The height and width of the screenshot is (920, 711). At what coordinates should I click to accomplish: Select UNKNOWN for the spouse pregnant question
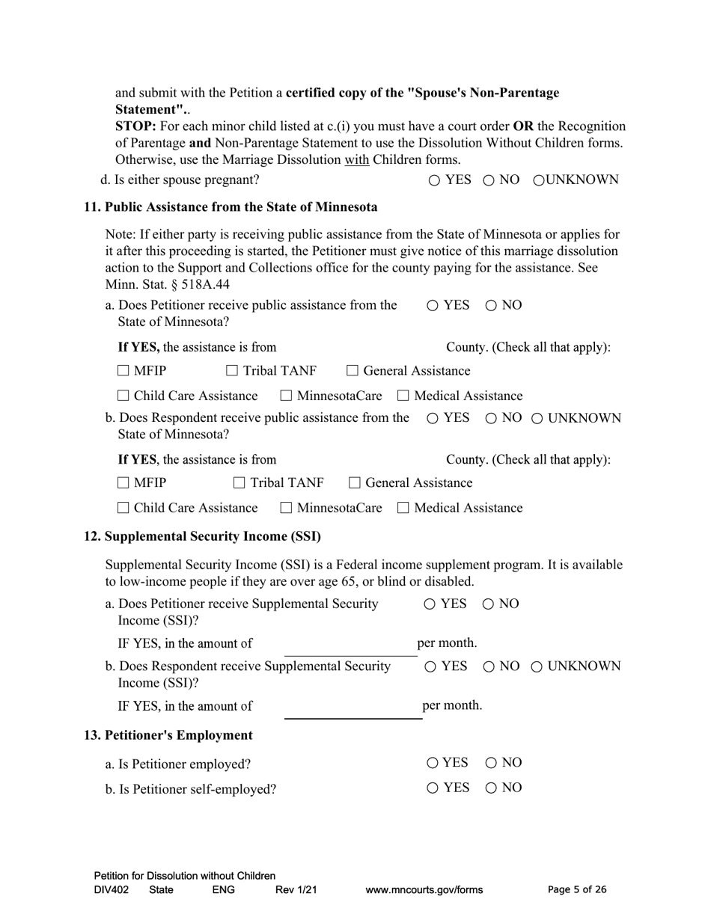point(539,180)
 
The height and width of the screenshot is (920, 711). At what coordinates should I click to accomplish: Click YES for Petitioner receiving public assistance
point(433,305)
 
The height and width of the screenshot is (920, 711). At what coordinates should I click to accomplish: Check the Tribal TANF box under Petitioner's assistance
point(232,371)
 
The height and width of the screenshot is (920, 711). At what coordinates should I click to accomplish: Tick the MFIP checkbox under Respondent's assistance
point(123,483)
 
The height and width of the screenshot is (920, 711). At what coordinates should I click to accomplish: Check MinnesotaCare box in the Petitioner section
point(287,396)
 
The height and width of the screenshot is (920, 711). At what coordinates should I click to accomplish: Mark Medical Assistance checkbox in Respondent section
point(403,509)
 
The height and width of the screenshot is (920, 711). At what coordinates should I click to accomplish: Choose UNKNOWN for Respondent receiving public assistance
point(537,419)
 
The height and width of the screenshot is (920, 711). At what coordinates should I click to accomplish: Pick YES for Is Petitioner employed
point(433,763)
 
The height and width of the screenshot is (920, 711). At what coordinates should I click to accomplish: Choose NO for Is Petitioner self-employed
point(492,788)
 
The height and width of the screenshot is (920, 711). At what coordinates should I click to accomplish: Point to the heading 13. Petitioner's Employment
point(168,735)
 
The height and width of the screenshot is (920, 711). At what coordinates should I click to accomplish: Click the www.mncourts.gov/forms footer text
point(424,890)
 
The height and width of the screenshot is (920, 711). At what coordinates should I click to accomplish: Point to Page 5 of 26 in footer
point(577,889)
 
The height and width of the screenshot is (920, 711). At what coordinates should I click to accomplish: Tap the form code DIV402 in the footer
point(112,890)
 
